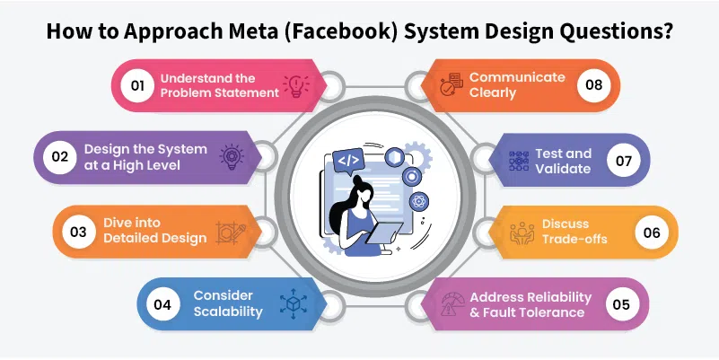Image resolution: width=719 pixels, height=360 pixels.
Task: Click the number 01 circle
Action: point(137,85)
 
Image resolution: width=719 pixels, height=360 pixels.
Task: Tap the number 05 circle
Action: point(622,304)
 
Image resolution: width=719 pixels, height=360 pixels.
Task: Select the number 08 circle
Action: point(594,85)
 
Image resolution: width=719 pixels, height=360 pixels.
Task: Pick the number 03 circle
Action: point(78,232)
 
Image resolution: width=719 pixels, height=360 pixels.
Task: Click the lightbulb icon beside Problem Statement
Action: point(295,85)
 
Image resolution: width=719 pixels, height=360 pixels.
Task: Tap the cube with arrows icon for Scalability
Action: point(294,303)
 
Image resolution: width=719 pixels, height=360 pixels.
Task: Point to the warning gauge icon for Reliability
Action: point(452,304)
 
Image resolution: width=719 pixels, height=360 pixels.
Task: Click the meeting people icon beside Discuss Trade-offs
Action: point(522,233)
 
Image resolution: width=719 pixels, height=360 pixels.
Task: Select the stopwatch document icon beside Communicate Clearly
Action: point(452,84)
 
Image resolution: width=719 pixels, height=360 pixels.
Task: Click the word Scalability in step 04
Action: point(228,312)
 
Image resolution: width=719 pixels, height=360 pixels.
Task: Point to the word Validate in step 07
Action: point(563,168)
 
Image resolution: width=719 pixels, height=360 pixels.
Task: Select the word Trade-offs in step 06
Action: point(574,239)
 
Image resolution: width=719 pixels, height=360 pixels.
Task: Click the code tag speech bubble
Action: point(348,162)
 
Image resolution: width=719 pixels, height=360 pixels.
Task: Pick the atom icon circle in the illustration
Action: point(418,201)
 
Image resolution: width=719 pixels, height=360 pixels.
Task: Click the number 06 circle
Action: point(652,232)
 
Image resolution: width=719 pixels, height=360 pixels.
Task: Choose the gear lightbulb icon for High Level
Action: point(232,157)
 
